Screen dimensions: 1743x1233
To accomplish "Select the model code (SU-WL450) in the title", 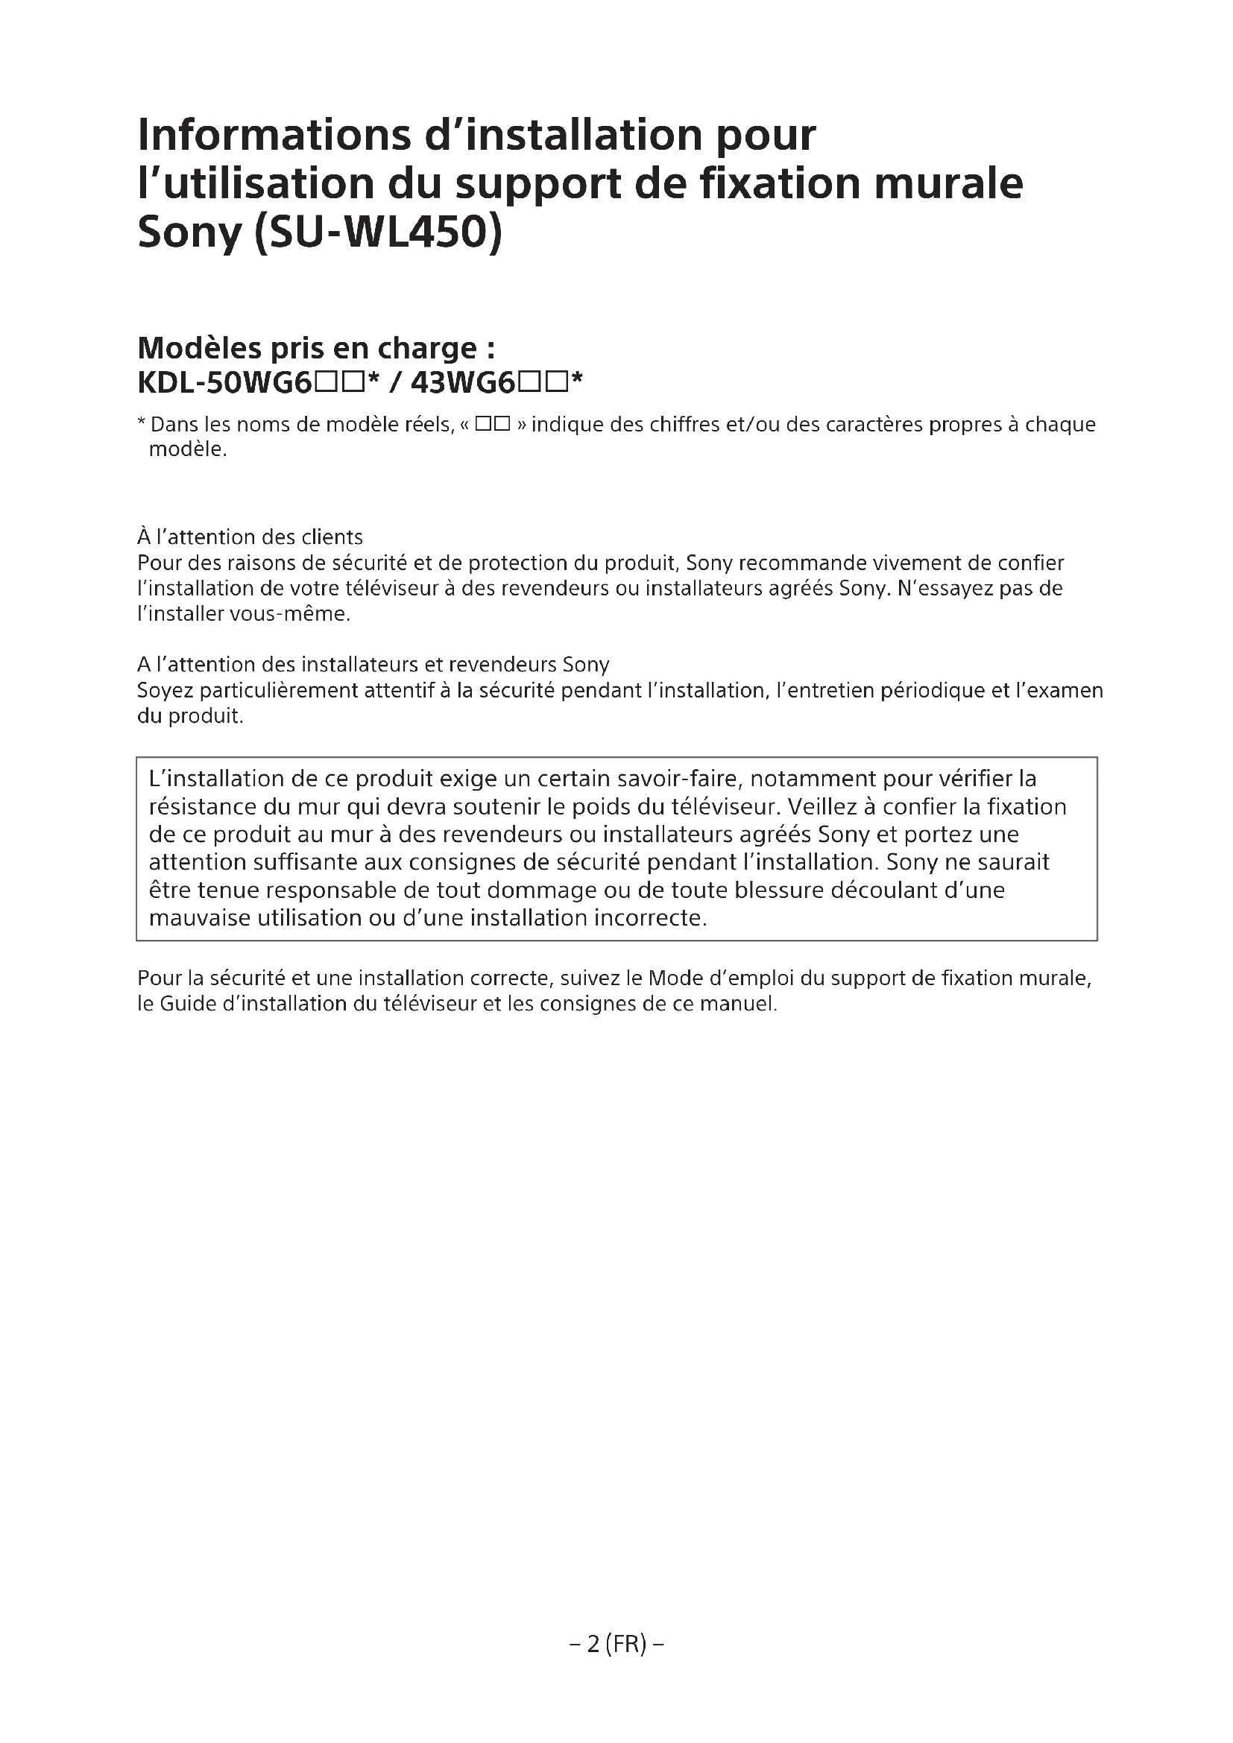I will coord(376,233).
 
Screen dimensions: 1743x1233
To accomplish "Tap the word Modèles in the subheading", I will coord(200,349).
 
